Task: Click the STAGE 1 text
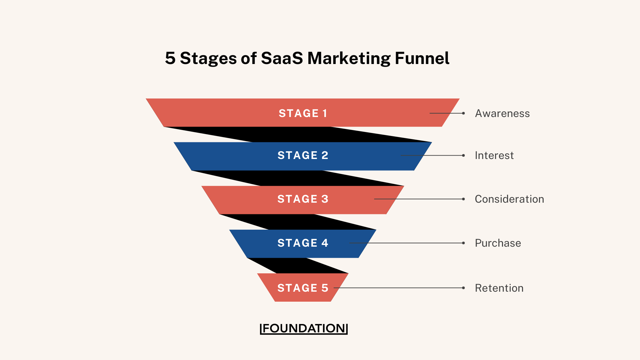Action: [x=303, y=113]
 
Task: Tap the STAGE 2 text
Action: [x=303, y=155]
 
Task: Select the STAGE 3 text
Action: [x=303, y=199]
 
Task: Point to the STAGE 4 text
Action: [x=303, y=243]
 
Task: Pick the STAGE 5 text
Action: [x=303, y=288]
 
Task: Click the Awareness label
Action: [x=502, y=113]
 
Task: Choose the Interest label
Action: [x=494, y=155]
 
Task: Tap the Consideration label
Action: [x=509, y=199]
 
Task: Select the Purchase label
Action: [x=498, y=243]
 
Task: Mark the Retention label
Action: [x=499, y=288]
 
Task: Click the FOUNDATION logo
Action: [x=304, y=328]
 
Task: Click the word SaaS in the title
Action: [x=282, y=58]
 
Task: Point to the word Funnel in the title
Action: [x=422, y=58]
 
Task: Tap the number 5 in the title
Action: [x=170, y=58]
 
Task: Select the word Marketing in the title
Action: [x=349, y=59]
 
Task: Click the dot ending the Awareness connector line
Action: [x=463, y=113]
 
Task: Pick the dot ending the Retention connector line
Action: [x=463, y=288]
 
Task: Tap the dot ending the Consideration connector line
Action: [x=463, y=199]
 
